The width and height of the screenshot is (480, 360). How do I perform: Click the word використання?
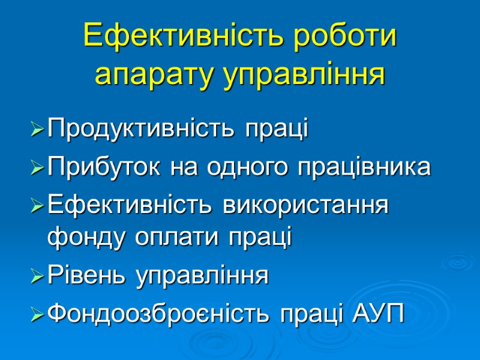pos(305,206)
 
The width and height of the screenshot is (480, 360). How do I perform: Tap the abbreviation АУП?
pos(376,313)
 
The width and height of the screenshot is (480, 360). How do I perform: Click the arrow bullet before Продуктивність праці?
pos(37,129)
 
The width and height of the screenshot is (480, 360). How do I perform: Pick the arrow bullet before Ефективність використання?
pos(37,206)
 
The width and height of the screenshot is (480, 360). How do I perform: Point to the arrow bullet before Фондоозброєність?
pos(37,314)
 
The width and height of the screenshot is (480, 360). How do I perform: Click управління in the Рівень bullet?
pos(201,277)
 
